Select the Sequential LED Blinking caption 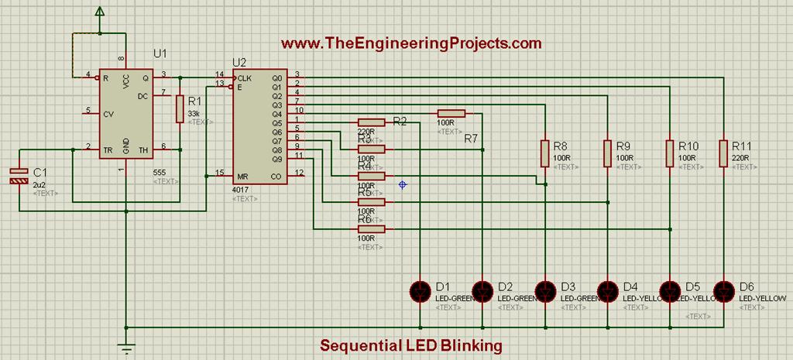[412, 345]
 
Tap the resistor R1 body [180, 109]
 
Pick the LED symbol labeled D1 [420, 291]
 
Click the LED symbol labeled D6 [723, 291]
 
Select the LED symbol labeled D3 [546, 291]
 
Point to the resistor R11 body [723, 153]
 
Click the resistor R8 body [546, 153]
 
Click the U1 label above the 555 [160, 53]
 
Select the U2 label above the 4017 [240, 63]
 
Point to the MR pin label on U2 [243, 177]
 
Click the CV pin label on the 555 [108, 113]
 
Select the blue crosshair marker [402, 184]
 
